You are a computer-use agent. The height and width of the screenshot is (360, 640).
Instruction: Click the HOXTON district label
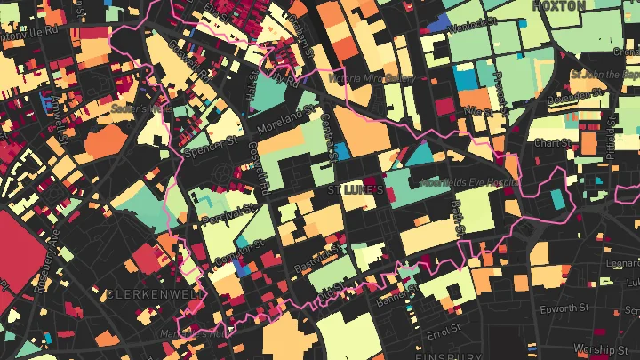[x=559, y=6]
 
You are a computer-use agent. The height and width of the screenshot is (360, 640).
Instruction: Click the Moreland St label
[x=287, y=123]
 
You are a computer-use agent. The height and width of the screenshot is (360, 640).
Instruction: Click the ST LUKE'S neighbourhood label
[x=355, y=190]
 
